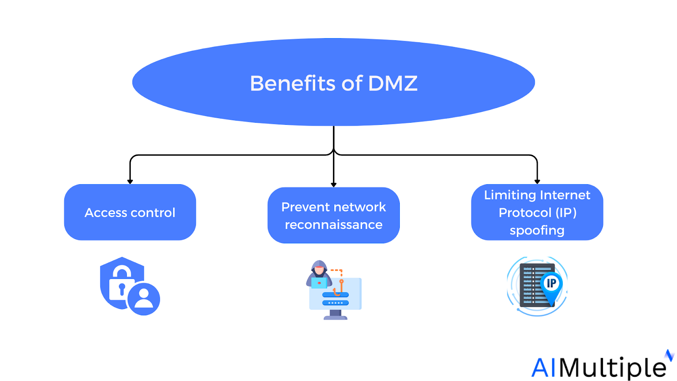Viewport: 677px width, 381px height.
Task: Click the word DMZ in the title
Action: coord(393,83)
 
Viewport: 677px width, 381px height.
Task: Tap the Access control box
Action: coord(130,212)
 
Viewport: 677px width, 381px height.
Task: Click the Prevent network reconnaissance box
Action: coord(333,215)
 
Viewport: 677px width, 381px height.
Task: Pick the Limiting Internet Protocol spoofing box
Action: coord(537,212)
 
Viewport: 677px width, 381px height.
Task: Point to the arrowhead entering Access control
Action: coord(130,182)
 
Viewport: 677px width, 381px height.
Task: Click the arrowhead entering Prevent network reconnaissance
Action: coord(333,185)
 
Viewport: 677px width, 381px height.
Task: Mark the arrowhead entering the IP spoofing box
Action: coord(537,182)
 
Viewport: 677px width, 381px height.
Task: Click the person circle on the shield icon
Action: coord(143,298)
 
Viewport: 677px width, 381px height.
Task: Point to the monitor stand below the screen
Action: coord(336,315)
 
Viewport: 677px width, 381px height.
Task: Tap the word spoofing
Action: coord(537,231)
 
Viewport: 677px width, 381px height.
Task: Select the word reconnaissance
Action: coord(333,225)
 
